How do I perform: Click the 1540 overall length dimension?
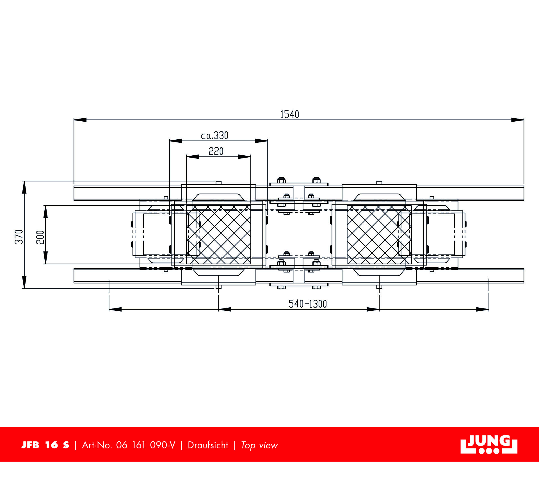pyautogui.click(x=290, y=114)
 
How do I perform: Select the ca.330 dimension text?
pyautogui.click(x=215, y=136)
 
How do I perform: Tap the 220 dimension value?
pyautogui.click(x=216, y=151)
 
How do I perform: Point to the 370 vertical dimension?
pyautogui.click(x=19, y=237)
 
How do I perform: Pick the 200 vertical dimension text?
pyautogui.click(x=40, y=237)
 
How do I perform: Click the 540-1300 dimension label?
pyautogui.click(x=308, y=304)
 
